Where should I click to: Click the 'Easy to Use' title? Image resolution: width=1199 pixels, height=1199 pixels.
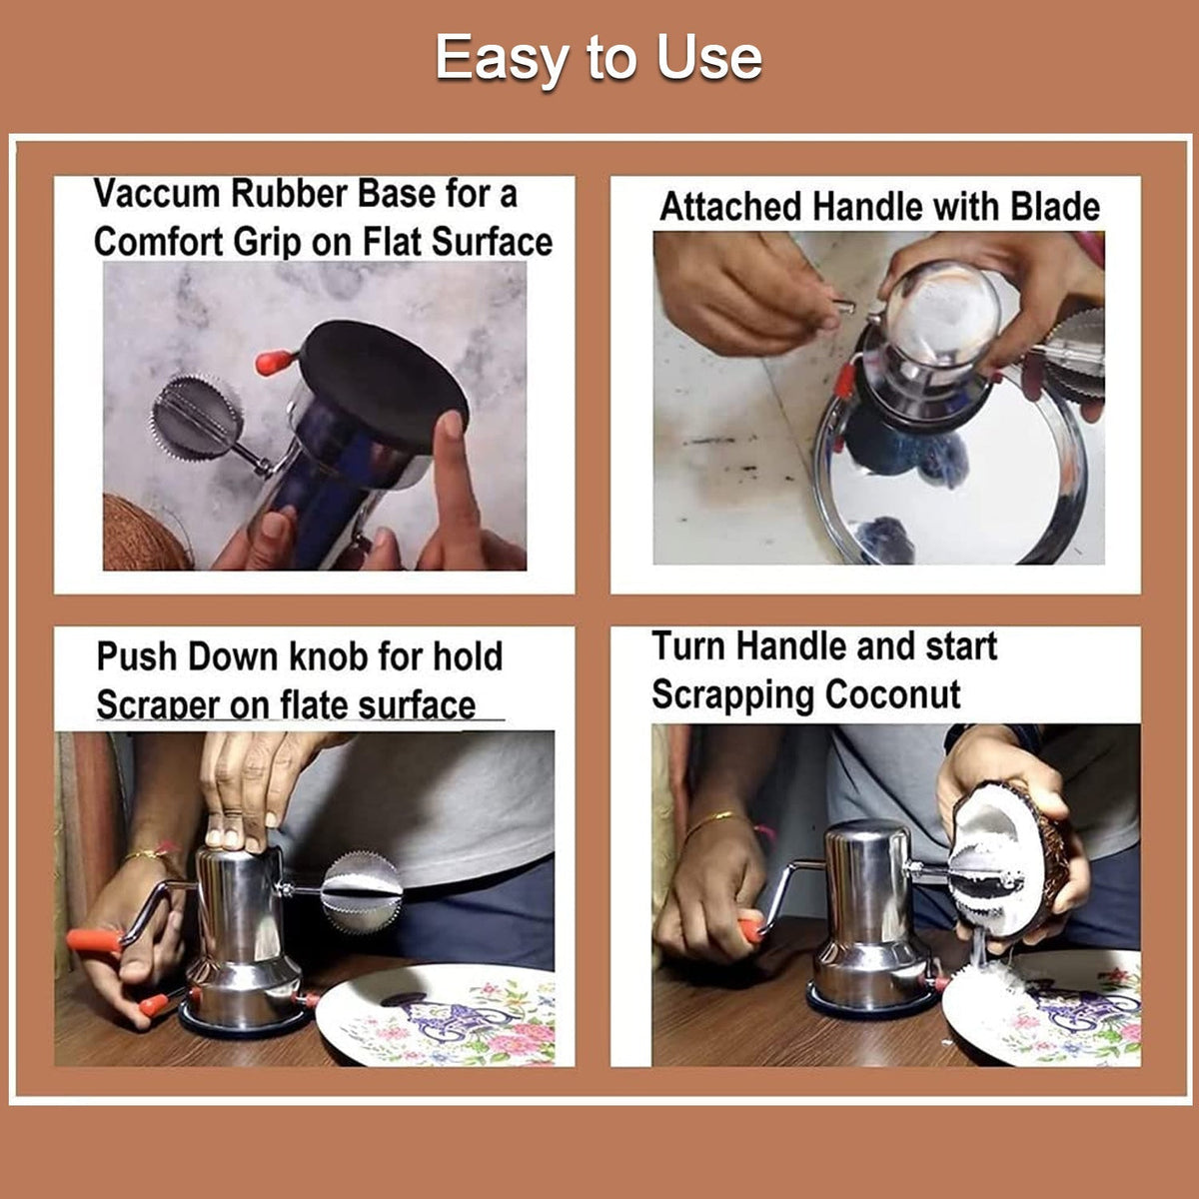599,58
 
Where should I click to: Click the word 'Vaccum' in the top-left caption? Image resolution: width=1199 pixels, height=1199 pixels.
158,194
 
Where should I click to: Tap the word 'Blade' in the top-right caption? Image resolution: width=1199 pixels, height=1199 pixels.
1054,207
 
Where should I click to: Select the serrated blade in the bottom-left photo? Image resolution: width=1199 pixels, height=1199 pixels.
361,890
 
